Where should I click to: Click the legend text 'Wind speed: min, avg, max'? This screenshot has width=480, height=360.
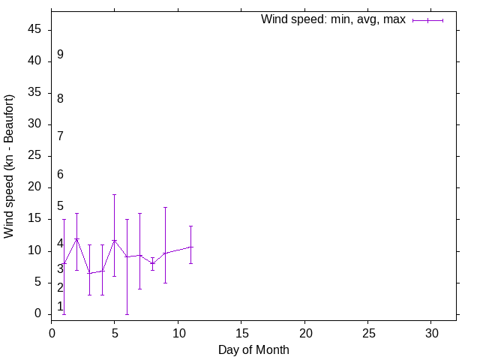tap(333, 19)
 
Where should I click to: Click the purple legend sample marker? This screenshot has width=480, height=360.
tap(428, 20)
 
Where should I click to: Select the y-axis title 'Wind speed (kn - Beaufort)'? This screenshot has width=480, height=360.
tap(9, 166)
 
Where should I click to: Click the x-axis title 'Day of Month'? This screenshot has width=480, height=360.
tap(253, 349)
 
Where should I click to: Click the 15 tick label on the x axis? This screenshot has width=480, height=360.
tap(241, 331)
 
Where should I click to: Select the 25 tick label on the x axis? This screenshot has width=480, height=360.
tap(368, 331)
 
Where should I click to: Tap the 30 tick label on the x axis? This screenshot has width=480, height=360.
tap(431, 331)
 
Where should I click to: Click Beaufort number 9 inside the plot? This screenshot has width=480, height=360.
tap(60, 55)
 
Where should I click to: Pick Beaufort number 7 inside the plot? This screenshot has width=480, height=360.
tap(60, 136)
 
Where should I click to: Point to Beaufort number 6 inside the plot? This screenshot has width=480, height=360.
tap(60, 175)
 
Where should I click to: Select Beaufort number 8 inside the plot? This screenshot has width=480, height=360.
tap(60, 98)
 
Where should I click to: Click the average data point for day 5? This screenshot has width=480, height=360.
tap(115, 240)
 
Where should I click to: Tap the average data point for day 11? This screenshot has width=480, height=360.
tap(190, 247)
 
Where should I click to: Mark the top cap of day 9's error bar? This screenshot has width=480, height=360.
tap(165, 207)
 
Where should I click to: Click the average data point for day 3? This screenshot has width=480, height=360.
tap(89, 273)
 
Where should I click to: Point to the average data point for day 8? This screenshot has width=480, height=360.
tap(152, 263)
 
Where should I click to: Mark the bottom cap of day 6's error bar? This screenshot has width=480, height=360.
tap(127, 313)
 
